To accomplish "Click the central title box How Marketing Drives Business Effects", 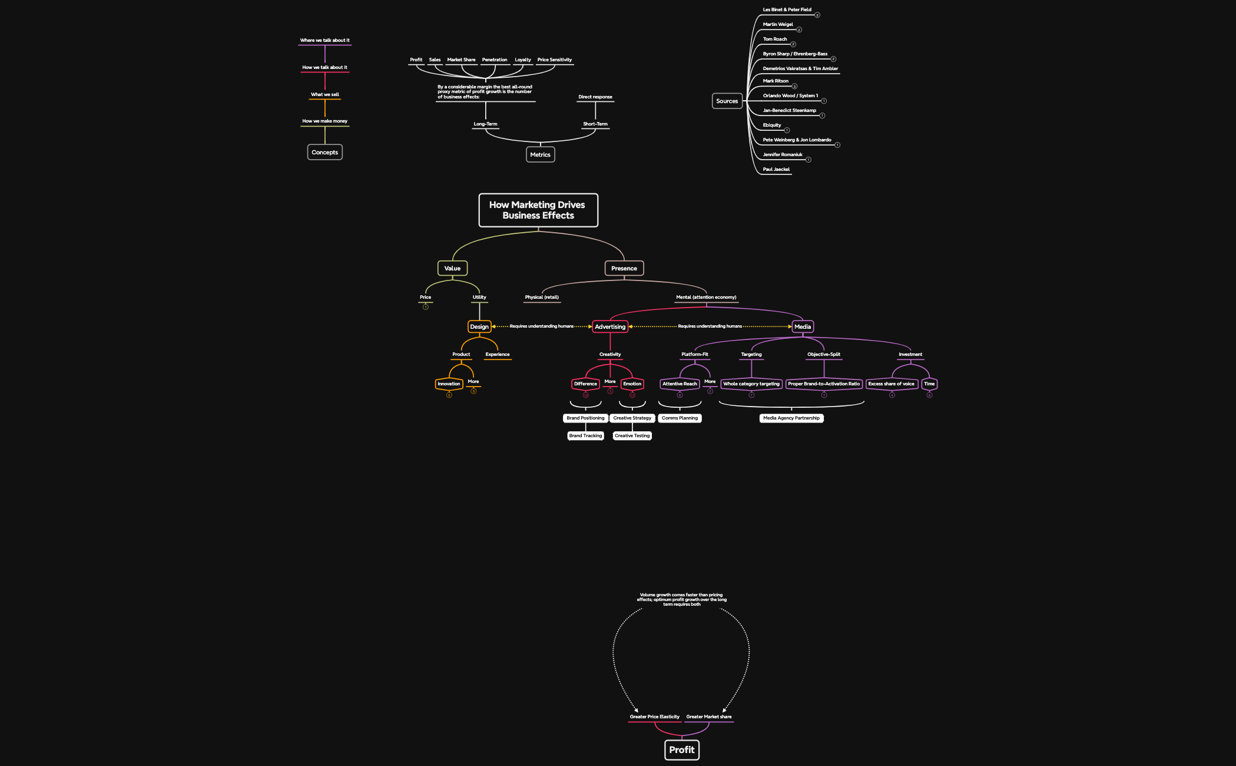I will point(538,210).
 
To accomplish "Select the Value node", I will point(452,268).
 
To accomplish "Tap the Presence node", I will point(624,268).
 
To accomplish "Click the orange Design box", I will point(479,326).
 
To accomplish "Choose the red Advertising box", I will point(610,326).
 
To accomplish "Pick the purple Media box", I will point(802,326).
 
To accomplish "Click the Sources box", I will point(727,101).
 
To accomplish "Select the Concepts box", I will point(324,152).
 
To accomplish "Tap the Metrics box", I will point(540,154).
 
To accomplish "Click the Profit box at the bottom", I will point(681,750).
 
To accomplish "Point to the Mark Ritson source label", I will point(776,81).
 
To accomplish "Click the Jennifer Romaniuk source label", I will point(783,154).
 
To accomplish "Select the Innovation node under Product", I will point(449,384).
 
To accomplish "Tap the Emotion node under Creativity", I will point(632,384).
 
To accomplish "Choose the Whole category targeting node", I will point(751,384).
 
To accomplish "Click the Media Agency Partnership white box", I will point(791,418).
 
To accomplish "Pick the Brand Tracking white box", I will point(585,435).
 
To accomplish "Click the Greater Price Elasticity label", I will point(654,717).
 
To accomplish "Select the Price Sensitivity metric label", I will point(554,60).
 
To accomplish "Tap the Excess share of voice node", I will point(891,384).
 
